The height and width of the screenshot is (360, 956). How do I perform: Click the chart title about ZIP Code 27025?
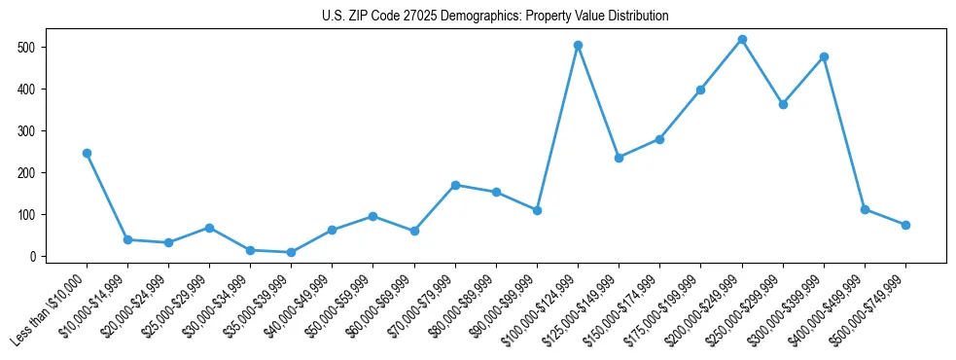tap(495, 17)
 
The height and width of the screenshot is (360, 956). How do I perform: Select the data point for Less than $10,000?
tap(88, 153)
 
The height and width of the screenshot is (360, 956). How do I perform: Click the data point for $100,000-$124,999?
tap(579, 45)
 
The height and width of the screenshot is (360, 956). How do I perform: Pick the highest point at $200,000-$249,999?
tap(742, 39)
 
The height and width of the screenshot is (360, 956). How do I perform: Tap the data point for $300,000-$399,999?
tap(824, 56)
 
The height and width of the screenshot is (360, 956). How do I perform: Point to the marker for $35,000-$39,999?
tap(292, 252)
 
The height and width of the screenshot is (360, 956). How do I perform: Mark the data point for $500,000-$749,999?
tap(905, 225)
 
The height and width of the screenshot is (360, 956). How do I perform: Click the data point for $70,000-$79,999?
tap(456, 185)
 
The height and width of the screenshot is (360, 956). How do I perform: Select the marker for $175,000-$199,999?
tap(700, 90)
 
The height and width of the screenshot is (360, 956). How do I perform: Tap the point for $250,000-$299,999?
tap(783, 104)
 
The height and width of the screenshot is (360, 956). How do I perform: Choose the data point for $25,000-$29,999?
tap(210, 228)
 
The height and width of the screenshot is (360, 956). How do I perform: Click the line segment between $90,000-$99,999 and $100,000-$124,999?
tap(558, 127)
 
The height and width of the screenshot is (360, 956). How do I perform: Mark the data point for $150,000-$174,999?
tap(659, 139)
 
